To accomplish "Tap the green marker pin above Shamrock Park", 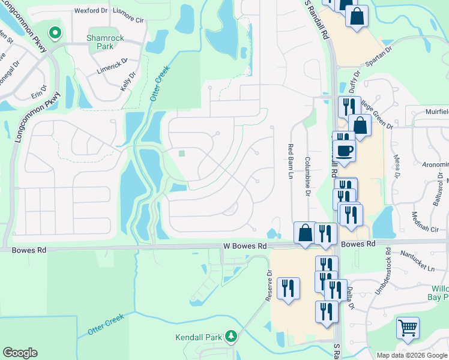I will tap(55, 32).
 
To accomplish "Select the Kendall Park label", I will tap(199, 338).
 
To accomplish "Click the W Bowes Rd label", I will tap(244, 246).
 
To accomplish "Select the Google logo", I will tap(20, 353).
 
